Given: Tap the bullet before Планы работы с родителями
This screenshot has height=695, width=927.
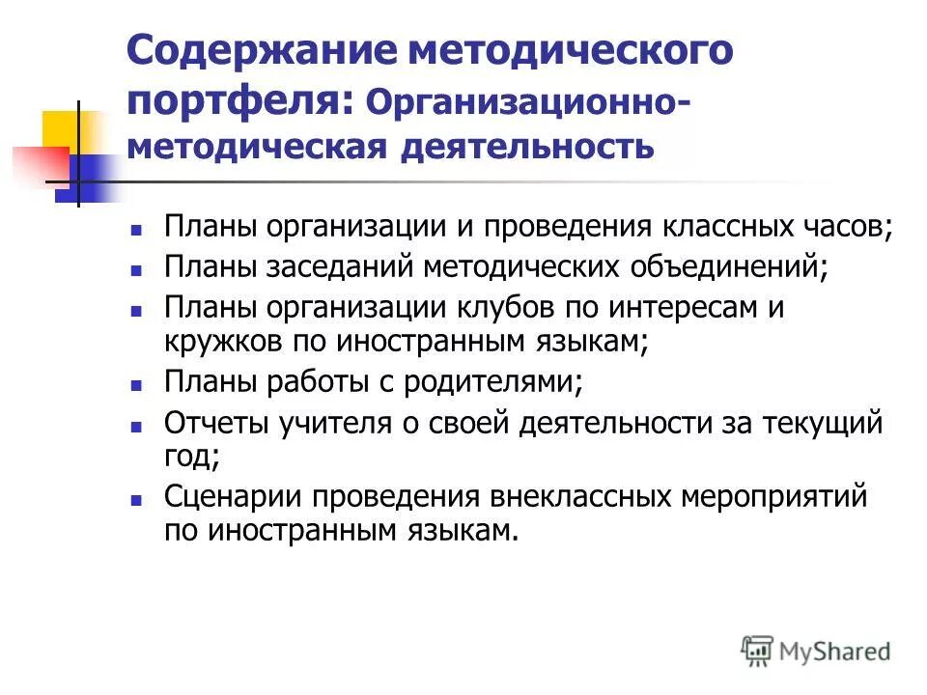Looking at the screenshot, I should click(x=136, y=383).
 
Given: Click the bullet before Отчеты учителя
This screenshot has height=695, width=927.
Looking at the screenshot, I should click(x=136, y=425).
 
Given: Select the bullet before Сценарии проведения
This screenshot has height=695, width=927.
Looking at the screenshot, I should click(x=136, y=499).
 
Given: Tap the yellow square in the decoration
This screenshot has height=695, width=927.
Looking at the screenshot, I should click(x=60, y=129).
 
